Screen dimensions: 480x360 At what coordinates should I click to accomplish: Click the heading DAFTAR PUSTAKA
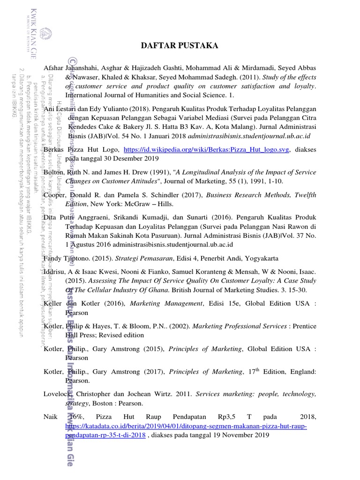click(180, 45)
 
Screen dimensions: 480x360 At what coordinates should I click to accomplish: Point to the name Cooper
click(54, 195)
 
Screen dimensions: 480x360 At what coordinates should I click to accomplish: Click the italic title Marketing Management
click(173, 304)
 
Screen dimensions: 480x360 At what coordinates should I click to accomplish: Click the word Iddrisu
click(56, 272)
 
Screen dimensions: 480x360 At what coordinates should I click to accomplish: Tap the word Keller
click(53, 304)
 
